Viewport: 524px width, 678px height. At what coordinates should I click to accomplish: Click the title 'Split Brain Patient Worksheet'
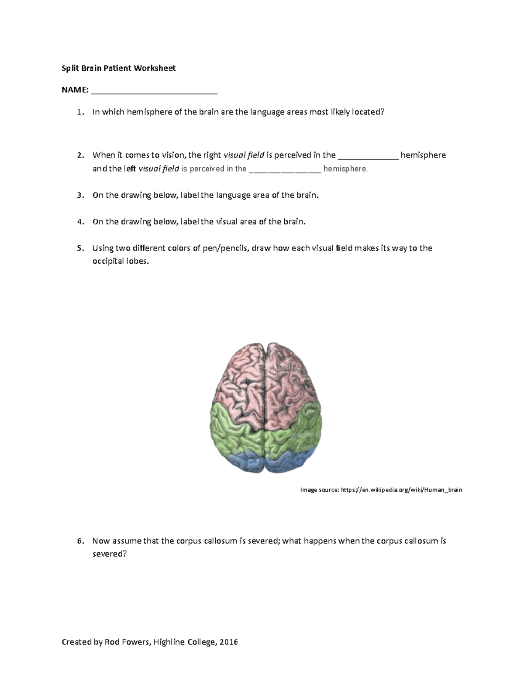click(x=118, y=68)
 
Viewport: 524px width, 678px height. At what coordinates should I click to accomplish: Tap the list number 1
click(x=79, y=112)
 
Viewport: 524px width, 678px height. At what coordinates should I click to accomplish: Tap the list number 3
click(x=79, y=195)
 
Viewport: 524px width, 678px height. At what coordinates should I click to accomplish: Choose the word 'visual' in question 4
click(x=227, y=221)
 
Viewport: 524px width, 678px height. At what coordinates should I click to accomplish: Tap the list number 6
click(x=79, y=541)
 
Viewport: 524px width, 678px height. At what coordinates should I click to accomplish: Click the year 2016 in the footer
click(x=228, y=642)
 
